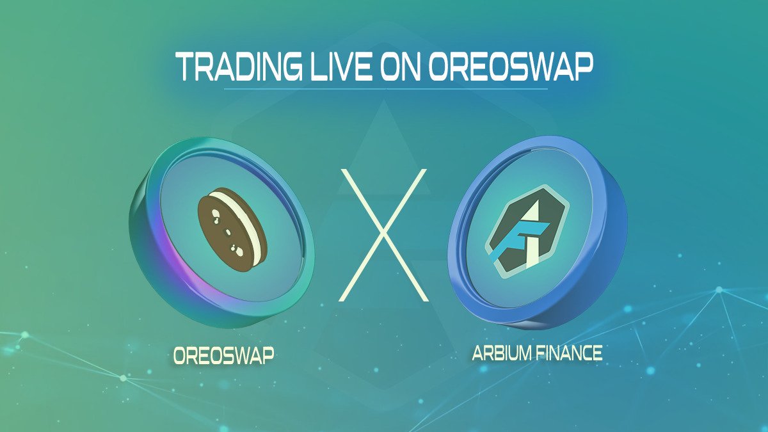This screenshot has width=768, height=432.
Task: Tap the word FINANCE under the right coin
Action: click(x=570, y=353)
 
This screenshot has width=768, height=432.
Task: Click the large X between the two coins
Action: click(x=382, y=235)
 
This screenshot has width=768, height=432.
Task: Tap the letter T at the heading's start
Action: click(x=186, y=67)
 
